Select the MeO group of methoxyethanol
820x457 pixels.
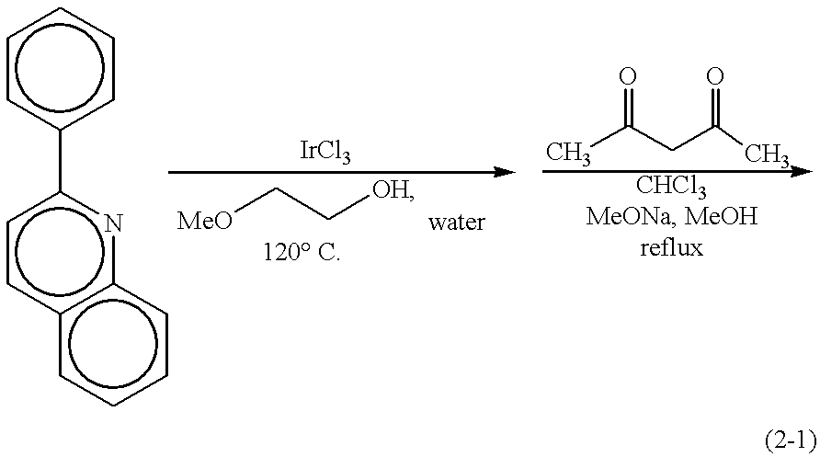click(200, 222)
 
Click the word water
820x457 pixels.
click(455, 223)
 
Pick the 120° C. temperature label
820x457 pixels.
click(301, 254)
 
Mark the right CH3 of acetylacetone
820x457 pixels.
click(766, 154)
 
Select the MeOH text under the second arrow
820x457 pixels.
click(712, 219)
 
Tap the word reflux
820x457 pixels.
click(671, 248)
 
